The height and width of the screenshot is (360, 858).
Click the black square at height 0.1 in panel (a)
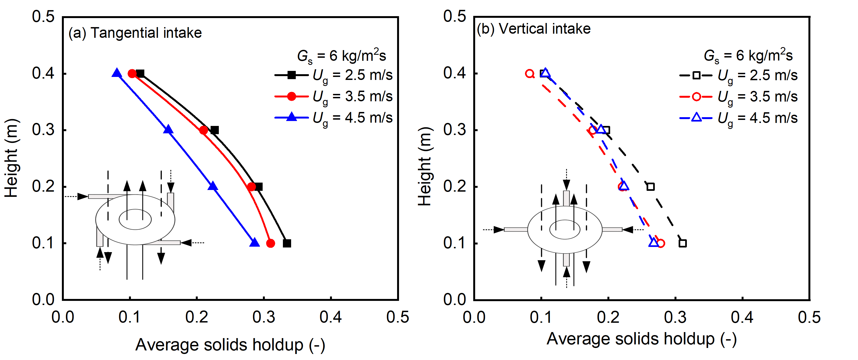coord(287,243)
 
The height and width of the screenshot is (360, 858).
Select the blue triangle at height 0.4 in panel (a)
coord(117,73)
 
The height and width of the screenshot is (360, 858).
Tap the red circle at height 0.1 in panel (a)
coord(271,243)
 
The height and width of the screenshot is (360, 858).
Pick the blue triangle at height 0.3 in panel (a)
coord(168,129)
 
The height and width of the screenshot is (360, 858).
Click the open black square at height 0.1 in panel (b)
coord(682,243)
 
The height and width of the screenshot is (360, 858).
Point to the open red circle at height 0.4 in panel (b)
coord(530,74)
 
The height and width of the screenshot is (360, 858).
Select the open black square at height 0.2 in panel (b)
coord(650,187)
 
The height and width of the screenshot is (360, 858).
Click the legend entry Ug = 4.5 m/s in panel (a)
coord(333,118)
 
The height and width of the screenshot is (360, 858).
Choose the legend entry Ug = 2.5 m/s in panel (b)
coord(738,76)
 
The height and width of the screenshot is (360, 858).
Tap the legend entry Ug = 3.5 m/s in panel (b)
coord(738,97)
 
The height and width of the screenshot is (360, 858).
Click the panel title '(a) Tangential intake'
coord(135,33)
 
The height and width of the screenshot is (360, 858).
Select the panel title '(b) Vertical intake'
coord(533,29)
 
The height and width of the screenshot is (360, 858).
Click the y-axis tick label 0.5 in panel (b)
coord(455,16)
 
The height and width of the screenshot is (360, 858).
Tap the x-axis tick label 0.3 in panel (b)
coord(675,317)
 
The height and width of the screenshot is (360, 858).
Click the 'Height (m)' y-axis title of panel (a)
coord(11,158)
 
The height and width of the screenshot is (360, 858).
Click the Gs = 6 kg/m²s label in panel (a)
coord(342,56)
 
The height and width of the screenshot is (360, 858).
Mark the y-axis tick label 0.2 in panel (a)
coord(43,186)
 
